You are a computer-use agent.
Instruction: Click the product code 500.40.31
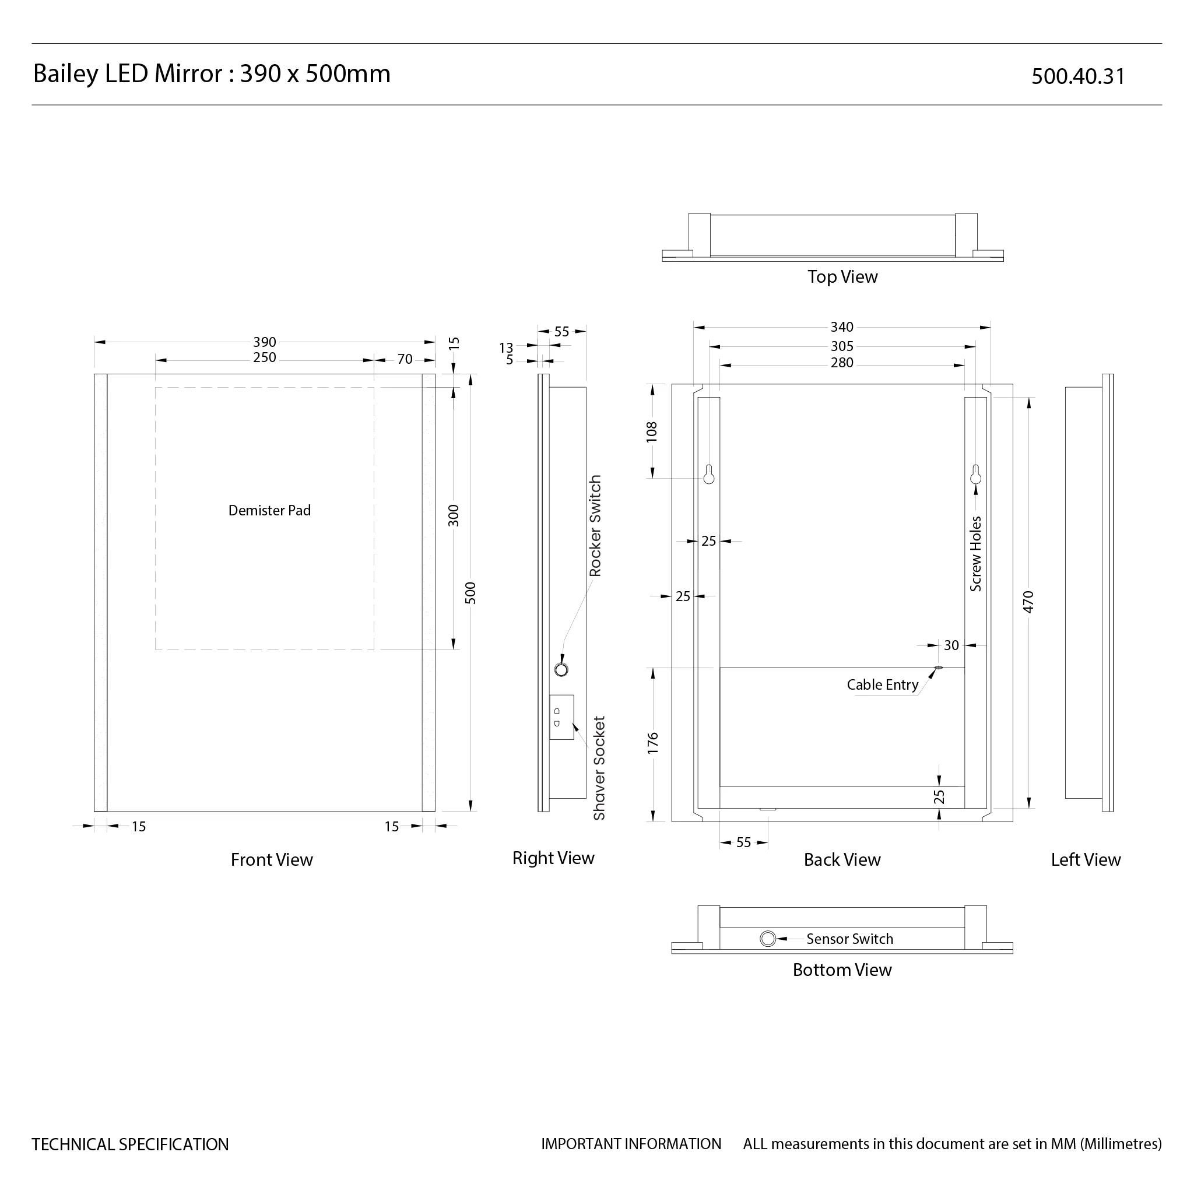[x=1078, y=76]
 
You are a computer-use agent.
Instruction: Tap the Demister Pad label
[x=269, y=511]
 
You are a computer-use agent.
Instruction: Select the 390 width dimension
[x=265, y=342]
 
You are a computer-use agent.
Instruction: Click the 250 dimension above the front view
[x=265, y=358]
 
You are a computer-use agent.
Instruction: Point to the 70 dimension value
[x=405, y=359]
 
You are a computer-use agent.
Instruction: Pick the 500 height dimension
[x=471, y=593]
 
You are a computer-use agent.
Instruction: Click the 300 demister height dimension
[x=454, y=515]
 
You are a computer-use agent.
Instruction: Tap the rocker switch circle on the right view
[x=561, y=669]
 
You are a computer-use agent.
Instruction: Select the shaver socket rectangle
[x=562, y=717]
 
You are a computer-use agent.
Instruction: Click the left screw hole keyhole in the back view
[x=709, y=474]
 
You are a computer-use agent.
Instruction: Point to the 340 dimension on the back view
[x=842, y=327]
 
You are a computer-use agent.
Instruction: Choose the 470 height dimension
[x=1028, y=601]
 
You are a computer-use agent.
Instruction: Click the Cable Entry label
[x=883, y=685]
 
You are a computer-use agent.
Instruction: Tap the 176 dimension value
[x=653, y=743]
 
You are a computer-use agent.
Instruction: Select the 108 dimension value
[x=652, y=431]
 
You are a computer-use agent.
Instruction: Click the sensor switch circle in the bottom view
[x=768, y=939]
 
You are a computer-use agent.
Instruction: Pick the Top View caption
[x=842, y=277]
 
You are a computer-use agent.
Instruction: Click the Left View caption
[x=1086, y=860]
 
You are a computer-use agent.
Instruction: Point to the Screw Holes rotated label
[x=976, y=554]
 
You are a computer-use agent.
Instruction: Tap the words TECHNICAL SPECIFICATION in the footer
[x=131, y=1144]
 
